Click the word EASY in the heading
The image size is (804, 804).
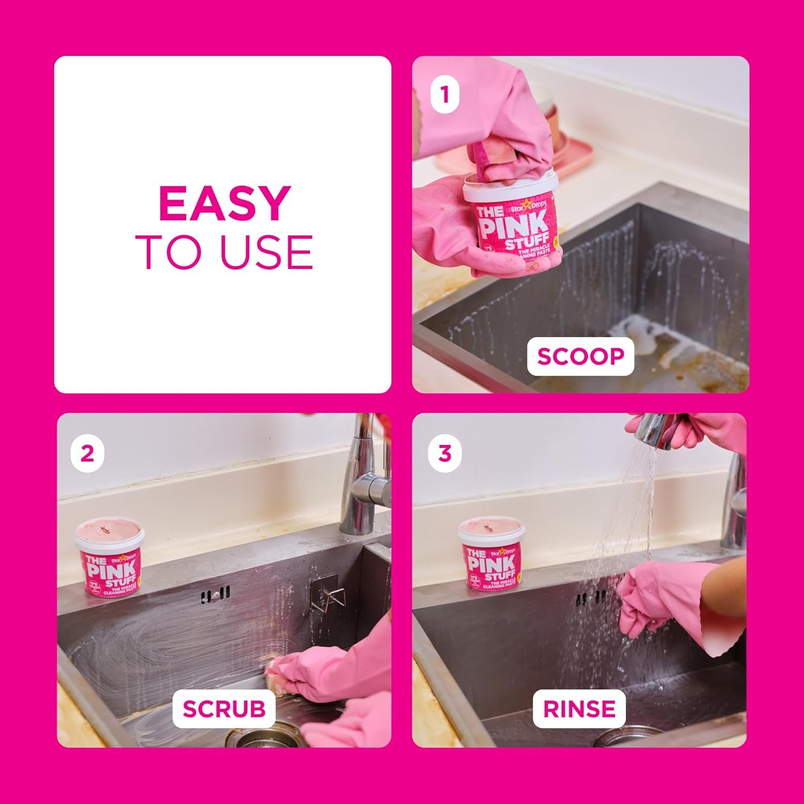(x=224, y=204)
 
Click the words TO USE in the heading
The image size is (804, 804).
(x=224, y=252)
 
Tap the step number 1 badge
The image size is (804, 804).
(x=444, y=95)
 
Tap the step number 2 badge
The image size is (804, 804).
(x=87, y=453)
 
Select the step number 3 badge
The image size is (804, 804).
(x=445, y=453)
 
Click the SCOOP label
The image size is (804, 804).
(x=580, y=356)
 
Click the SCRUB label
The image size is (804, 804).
(x=224, y=709)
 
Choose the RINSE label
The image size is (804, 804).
(x=579, y=709)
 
